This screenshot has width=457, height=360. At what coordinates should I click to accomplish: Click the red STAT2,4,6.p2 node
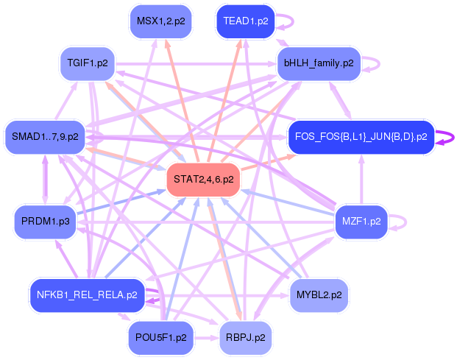click(x=204, y=179)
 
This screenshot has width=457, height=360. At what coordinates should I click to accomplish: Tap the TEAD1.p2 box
click(x=246, y=21)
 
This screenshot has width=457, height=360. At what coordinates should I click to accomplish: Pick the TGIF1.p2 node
click(x=88, y=63)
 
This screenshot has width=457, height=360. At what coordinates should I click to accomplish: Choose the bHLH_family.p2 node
click(x=318, y=63)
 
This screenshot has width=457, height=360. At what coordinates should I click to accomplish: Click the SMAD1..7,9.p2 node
click(x=44, y=136)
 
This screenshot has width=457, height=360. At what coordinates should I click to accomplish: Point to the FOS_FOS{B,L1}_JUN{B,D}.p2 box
click(x=360, y=137)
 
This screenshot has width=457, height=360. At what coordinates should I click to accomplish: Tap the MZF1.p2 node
click(x=361, y=221)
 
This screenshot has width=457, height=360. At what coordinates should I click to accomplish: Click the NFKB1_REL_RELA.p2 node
click(x=86, y=295)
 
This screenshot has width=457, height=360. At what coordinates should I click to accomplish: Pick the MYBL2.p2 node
click(x=317, y=295)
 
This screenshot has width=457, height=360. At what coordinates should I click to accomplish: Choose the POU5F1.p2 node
click(x=160, y=338)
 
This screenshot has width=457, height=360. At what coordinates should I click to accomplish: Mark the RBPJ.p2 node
click(x=246, y=338)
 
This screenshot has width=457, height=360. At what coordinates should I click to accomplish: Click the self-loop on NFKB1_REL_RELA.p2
click(x=156, y=296)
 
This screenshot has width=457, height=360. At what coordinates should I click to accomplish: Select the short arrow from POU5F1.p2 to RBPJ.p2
click(x=206, y=338)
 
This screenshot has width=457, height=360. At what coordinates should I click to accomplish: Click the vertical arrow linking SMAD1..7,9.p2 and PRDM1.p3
click(x=46, y=179)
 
